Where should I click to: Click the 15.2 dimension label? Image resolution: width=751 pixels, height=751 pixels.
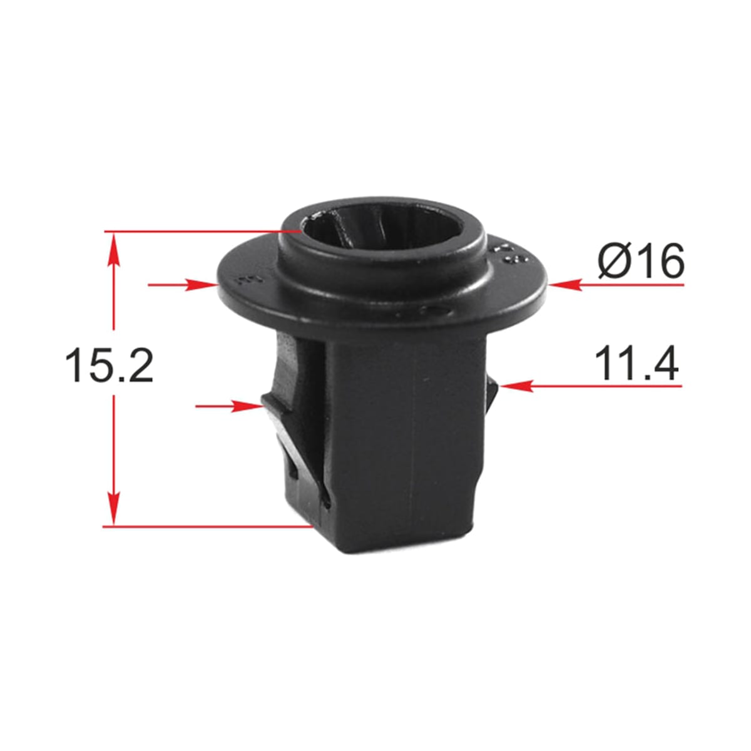point(109,365)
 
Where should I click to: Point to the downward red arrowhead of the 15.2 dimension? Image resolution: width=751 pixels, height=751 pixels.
point(114,508)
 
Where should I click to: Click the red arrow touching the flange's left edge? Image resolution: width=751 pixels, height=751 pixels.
point(182,285)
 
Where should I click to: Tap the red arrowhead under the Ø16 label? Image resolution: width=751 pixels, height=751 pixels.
point(566,285)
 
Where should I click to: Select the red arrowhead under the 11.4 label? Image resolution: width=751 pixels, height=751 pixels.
point(516,386)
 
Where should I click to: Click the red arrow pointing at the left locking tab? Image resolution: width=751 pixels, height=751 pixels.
point(230,406)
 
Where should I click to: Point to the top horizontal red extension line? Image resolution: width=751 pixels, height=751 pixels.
point(202,232)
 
